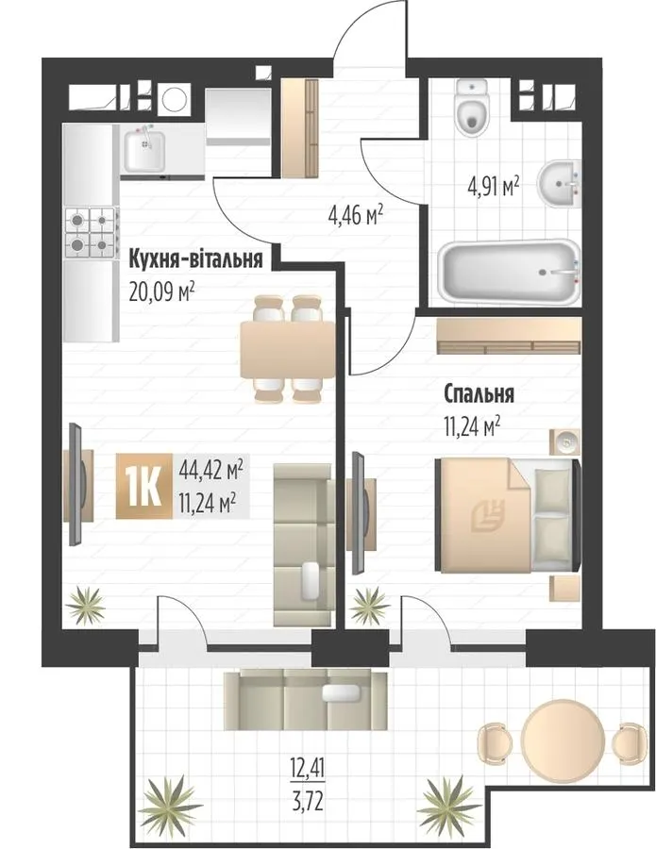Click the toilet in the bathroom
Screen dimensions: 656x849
click(472, 108)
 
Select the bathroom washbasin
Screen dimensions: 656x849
click(559, 184)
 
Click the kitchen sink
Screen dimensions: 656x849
click(144, 151)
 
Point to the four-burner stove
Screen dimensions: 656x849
click(91, 234)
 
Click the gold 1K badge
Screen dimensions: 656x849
click(144, 486)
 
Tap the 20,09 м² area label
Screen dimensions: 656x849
click(162, 292)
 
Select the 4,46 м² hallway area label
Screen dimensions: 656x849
click(355, 217)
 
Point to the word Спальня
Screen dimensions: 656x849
click(479, 394)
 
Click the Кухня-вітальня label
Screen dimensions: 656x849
click(195, 260)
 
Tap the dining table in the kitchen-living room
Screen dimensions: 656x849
click(288, 350)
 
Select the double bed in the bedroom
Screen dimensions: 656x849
click(508, 514)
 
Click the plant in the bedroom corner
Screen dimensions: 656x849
click(369, 605)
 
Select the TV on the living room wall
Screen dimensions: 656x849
click(76, 484)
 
